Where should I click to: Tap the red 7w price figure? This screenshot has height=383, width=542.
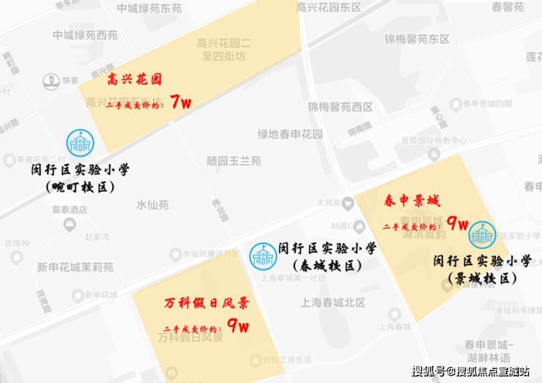[x=180, y=103]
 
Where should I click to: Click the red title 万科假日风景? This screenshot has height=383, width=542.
[x=206, y=302]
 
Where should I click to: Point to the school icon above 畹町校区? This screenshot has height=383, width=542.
[x=79, y=143]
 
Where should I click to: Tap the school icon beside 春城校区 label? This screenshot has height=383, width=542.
[x=261, y=256]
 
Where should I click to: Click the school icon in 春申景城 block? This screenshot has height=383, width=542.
[x=483, y=234]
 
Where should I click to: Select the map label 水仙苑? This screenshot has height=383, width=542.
[x=152, y=205]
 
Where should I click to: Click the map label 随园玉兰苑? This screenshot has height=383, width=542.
[x=234, y=161]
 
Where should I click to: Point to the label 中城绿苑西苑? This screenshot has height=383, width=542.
[x=85, y=35]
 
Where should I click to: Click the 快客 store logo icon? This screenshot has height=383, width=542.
[x=51, y=81]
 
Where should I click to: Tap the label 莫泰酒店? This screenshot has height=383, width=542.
[x=70, y=209]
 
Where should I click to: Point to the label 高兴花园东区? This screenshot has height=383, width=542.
[x=329, y=8]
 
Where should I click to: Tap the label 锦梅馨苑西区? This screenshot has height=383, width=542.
[x=340, y=107]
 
